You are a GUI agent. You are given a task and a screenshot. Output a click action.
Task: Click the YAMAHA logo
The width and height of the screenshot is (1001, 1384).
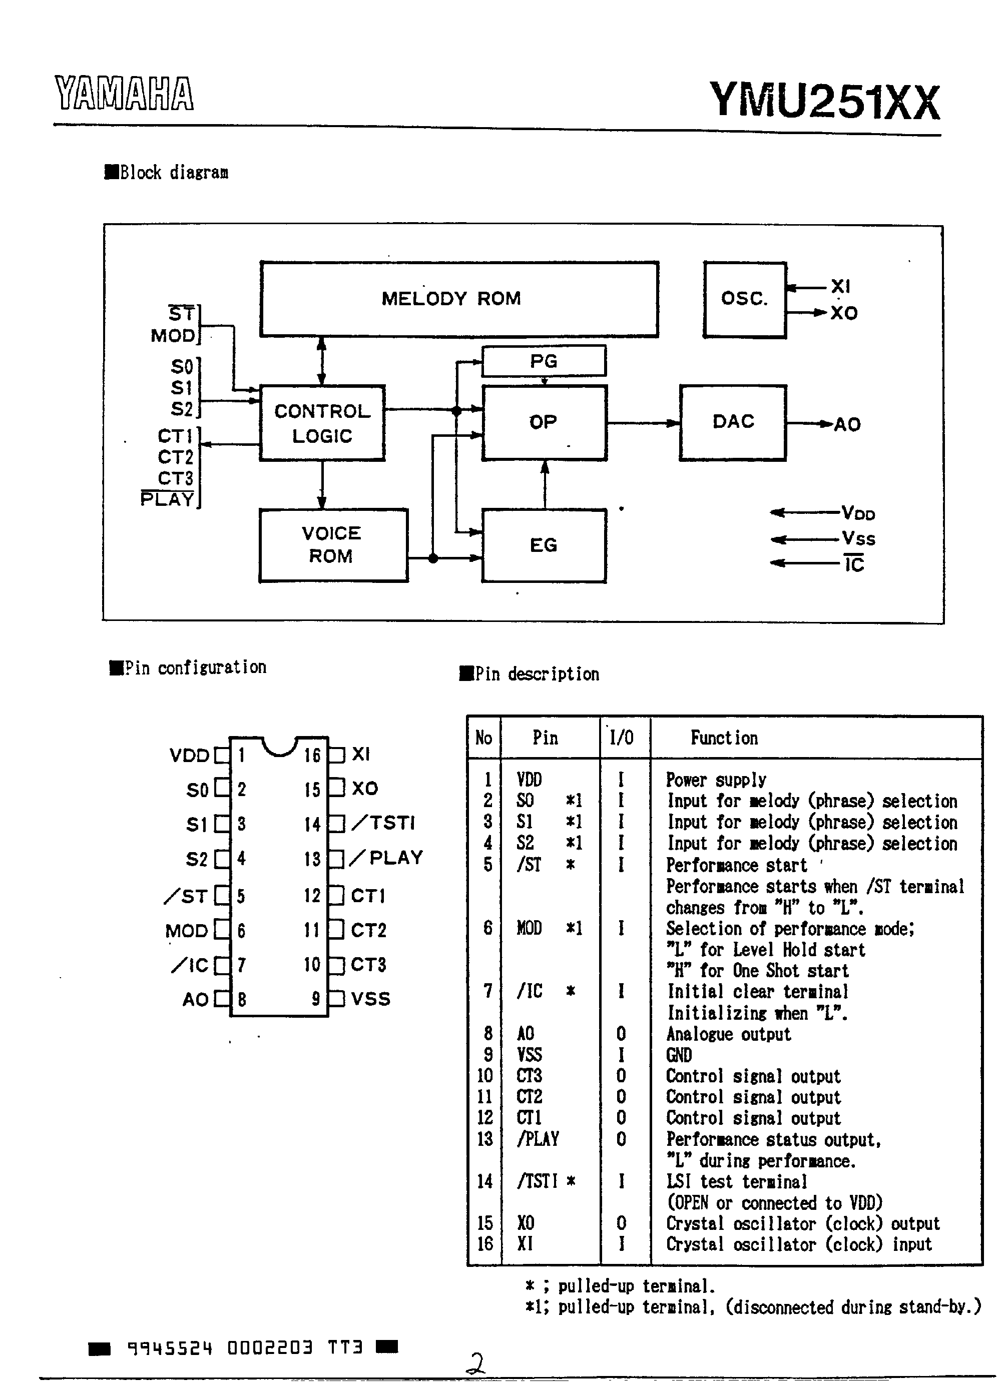[x=124, y=94]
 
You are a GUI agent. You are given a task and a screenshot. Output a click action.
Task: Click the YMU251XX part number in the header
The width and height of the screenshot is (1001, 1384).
[x=824, y=101]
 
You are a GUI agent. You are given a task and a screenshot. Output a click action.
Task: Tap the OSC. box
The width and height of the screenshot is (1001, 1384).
[x=745, y=299]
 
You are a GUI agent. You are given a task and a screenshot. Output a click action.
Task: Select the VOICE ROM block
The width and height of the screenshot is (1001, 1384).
[x=333, y=545]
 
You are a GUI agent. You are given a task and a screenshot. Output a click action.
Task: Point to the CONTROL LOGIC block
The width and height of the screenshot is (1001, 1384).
[x=322, y=423]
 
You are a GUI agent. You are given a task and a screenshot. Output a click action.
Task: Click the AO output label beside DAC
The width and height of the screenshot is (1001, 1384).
[x=847, y=425]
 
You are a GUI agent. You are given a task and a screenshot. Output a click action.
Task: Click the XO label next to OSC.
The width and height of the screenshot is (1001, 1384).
[x=844, y=313]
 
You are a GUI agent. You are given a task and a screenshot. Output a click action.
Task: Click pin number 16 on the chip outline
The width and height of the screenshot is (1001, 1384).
[x=312, y=756]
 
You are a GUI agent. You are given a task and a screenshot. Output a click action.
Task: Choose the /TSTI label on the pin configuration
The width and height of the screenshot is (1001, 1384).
[x=384, y=823]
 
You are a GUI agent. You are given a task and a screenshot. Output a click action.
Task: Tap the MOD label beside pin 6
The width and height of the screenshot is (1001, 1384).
[x=187, y=931]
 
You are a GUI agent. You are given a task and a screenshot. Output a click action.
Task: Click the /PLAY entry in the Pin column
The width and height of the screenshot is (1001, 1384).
[x=538, y=1139]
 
